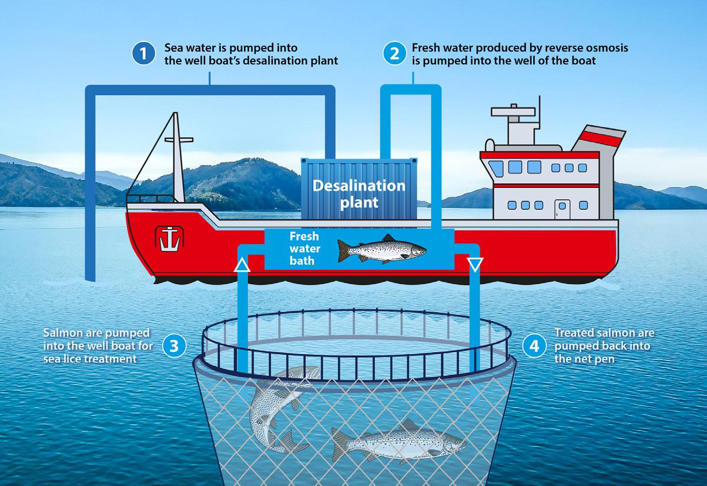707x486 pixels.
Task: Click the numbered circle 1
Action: [144, 54]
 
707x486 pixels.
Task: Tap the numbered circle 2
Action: [394, 54]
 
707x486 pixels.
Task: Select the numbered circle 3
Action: [174, 345]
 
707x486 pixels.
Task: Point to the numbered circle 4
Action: [534, 345]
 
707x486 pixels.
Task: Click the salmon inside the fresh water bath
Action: [381, 249]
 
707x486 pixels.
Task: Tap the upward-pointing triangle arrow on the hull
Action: [242, 266]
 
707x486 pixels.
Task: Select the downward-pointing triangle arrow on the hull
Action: [475, 266]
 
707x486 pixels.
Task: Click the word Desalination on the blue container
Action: [359, 186]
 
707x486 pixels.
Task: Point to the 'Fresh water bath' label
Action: [305, 248]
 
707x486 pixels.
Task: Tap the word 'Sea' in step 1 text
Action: [174, 48]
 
